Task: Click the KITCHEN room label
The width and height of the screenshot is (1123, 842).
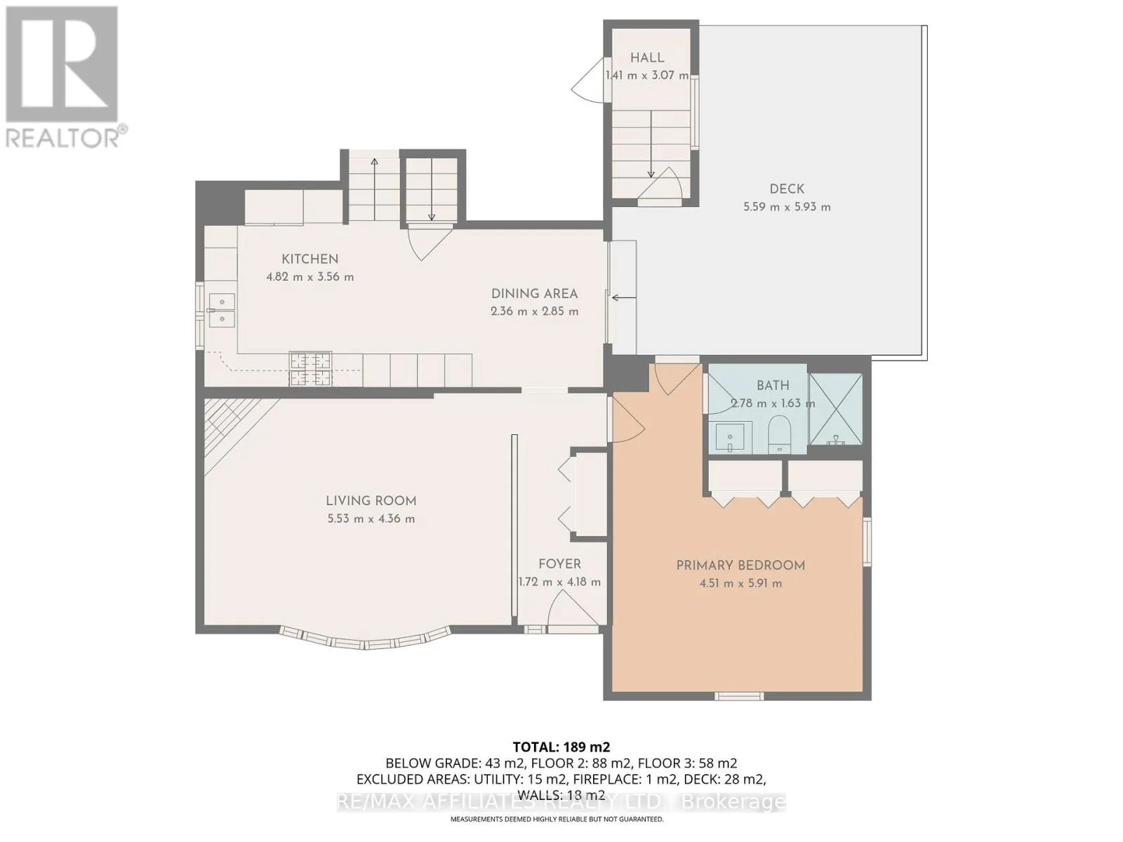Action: point(310,259)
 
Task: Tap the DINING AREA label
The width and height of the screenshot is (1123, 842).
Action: point(534,294)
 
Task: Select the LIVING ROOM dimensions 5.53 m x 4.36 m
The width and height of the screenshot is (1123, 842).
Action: point(371,519)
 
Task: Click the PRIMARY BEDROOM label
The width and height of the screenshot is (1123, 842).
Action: point(740,565)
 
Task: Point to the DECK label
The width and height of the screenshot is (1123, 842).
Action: point(787,189)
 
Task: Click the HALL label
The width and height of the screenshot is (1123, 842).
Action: point(646,58)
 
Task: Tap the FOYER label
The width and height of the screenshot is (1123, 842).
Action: point(559,563)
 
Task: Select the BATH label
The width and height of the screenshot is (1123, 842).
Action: point(773,385)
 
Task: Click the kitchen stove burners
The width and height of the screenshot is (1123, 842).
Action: point(310,370)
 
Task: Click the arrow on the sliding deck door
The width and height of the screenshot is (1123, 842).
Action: point(624,298)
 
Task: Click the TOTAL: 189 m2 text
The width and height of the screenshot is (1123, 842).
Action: point(561,747)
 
